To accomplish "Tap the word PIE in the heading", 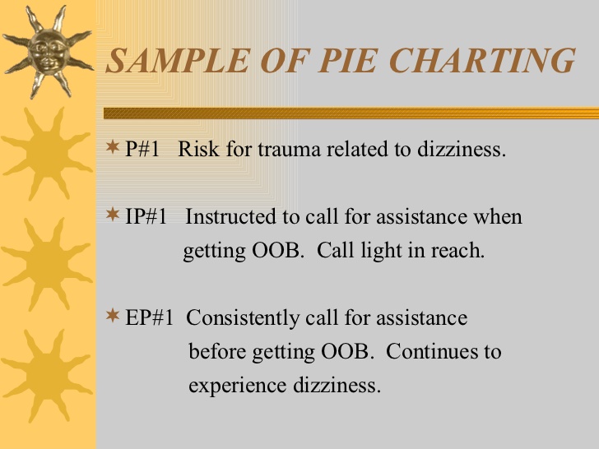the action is click(x=347, y=60).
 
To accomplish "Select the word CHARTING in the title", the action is click(x=483, y=60).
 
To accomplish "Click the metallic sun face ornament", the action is click(x=48, y=52).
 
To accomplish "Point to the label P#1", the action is click(x=142, y=149).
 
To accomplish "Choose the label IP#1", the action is click(x=146, y=216).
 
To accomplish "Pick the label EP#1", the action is click(x=150, y=317).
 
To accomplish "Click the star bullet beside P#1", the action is click(x=113, y=146).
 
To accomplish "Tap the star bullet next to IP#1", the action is click(x=113, y=214).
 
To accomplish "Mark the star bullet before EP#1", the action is click(x=113, y=316).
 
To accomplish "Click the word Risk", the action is click(x=198, y=149).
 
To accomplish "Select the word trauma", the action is click(x=289, y=150).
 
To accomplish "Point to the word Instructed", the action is click(x=230, y=216).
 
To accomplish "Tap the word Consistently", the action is click(x=243, y=318).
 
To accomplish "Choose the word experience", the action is click(x=237, y=386).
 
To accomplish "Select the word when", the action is click(x=498, y=216).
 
